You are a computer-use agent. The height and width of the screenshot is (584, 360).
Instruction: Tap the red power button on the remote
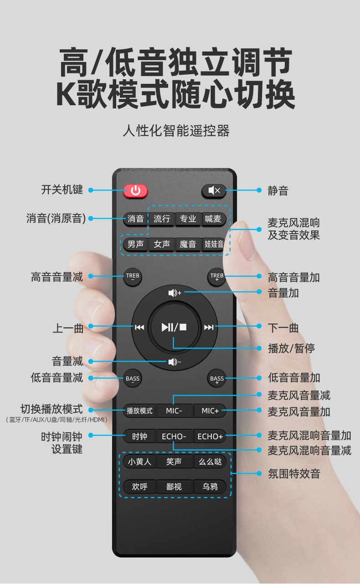[135, 191]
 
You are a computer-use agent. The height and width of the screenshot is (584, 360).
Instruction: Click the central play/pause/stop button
[174, 327]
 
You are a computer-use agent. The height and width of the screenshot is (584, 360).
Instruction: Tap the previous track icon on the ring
[139, 327]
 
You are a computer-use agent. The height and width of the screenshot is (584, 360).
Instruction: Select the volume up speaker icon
[175, 293]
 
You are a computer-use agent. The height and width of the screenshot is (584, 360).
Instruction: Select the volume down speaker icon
[175, 362]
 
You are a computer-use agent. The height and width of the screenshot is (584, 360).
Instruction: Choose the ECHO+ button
[210, 436]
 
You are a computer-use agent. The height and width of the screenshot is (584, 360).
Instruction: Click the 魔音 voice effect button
[188, 244]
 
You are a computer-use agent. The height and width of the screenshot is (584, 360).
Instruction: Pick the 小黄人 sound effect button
[139, 462]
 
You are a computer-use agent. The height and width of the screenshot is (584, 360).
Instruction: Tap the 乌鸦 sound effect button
[210, 487]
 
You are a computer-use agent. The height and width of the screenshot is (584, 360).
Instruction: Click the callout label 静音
[278, 190]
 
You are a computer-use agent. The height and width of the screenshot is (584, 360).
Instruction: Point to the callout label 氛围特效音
[294, 474]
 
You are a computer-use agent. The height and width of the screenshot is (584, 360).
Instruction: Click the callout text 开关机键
[62, 190]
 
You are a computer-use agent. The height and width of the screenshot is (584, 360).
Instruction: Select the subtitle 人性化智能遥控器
[176, 131]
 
